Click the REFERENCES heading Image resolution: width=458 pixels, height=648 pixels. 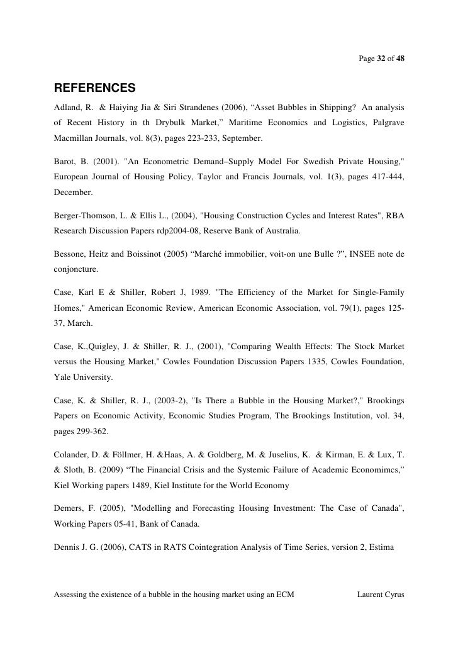click(95, 86)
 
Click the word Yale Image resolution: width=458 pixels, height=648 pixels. click(64, 378)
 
